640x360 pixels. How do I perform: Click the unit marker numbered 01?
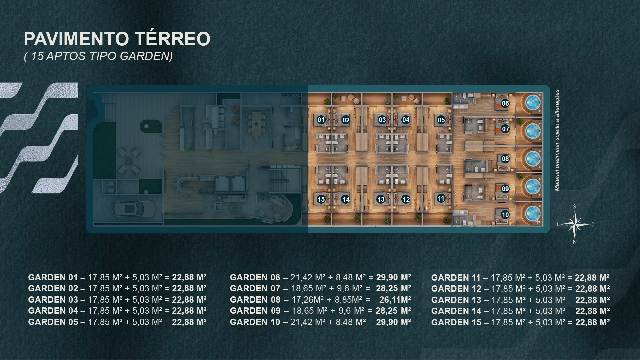coord(321,120)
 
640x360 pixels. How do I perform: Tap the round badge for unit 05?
coord(441,120)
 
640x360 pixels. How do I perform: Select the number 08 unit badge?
coord(505,159)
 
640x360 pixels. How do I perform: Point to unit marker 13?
coord(381,199)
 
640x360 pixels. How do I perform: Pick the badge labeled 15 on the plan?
coord(321,199)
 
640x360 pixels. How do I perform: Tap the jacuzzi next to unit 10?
coord(533,213)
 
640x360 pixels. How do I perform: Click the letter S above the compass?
coord(575,207)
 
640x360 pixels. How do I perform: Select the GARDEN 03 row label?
coord(53,300)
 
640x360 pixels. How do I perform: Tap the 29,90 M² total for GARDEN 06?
coord(393,277)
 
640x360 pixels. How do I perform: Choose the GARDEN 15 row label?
coord(456,322)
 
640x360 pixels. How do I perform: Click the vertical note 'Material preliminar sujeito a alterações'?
coord(557,140)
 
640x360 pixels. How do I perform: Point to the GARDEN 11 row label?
coord(456,278)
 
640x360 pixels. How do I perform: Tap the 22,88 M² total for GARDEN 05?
coord(189,322)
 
